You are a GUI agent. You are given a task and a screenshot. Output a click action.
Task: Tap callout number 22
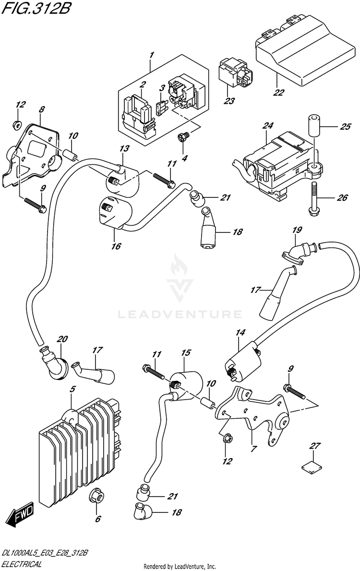coord(278,93)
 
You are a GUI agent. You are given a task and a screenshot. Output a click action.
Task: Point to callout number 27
coord(314,446)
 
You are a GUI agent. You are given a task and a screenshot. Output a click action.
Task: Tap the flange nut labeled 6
coord(96,497)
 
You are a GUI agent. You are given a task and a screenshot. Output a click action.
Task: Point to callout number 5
coord(72,389)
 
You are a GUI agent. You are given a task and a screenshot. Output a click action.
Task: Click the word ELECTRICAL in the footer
coord(21,565)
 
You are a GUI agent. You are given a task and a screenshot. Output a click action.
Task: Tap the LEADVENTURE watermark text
coord(180,315)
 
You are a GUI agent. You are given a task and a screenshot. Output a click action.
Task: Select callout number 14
coord(240,332)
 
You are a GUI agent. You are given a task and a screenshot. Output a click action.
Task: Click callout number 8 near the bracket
coord(41,110)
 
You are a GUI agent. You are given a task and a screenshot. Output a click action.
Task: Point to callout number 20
coord(60,340)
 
